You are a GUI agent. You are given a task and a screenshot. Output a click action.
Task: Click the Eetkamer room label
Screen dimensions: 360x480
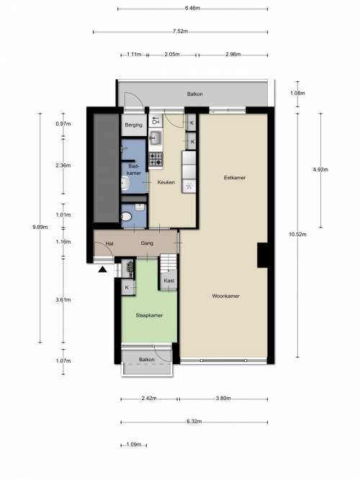(x=235, y=178)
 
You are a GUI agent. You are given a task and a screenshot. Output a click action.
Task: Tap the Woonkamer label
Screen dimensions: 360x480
(x=226, y=296)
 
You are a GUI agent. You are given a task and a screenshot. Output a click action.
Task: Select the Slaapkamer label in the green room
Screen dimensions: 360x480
(x=149, y=315)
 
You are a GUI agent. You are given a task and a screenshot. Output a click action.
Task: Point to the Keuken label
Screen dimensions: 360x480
(x=166, y=182)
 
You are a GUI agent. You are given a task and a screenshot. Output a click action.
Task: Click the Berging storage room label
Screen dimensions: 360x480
(x=134, y=125)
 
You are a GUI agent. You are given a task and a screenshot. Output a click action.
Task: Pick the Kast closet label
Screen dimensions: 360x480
(x=168, y=281)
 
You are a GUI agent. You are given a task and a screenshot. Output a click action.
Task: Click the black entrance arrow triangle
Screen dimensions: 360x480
(x=102, y=269)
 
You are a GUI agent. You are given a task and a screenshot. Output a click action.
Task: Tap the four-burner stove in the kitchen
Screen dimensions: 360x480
(x=156, y=159)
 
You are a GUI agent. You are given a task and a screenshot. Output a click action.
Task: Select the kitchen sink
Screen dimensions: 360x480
(x=156, y=137)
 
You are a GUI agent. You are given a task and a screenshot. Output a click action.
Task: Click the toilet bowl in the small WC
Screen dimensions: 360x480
(x=126, y=217)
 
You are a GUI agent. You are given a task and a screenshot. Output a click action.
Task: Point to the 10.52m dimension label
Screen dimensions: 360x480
(x=297, y=234)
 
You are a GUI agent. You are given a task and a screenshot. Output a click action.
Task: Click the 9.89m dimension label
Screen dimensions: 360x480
(x=40, y=227)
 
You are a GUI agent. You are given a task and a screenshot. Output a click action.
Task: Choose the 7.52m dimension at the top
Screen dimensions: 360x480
(x=180, y=31)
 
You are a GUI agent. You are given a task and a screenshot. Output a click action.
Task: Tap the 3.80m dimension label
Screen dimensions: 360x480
(x=223, y=398)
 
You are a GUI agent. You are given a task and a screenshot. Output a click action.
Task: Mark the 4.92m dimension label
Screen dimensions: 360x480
(x=320, y=169)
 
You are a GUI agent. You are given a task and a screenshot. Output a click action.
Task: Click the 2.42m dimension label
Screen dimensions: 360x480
(x=149, y=398)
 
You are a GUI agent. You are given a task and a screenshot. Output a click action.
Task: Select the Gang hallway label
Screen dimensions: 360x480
(x=147, y=243)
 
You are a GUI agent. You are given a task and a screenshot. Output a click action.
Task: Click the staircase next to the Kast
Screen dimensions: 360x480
(x=168, y=263)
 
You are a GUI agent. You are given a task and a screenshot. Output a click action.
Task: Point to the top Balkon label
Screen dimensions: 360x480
(x=195, y=94)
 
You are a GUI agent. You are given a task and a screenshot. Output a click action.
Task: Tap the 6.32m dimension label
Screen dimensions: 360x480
(x=194, y=422)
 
